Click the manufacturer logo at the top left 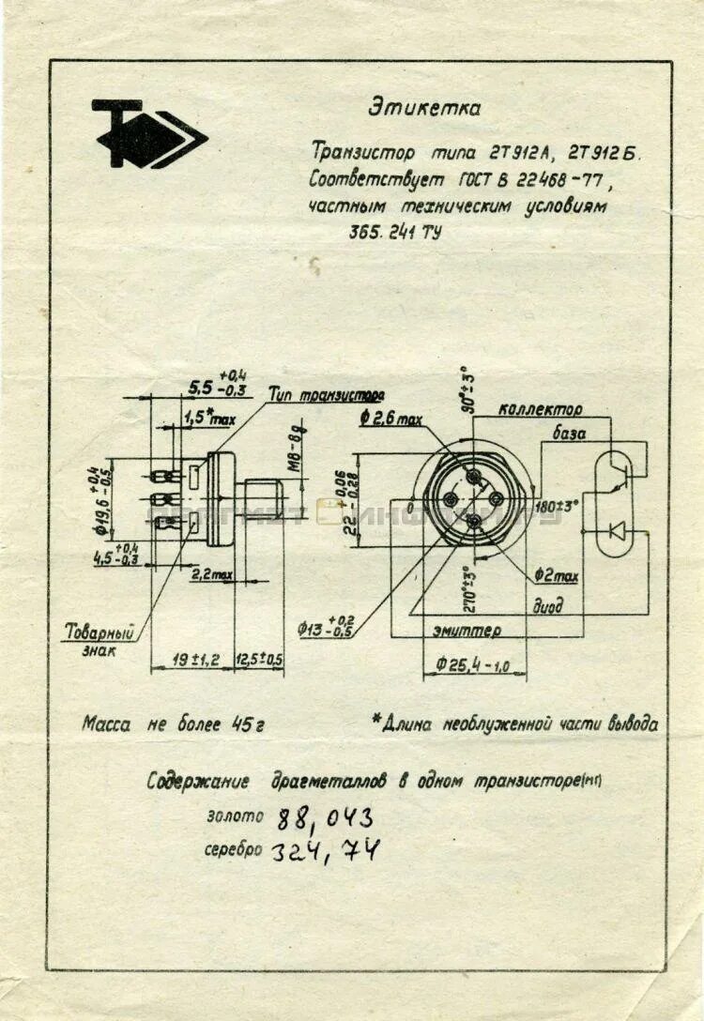click(x=148, y=133)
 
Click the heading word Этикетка click(x=423, y=107)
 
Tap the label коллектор click(x=540, y=409)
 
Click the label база click(x=569, y=434)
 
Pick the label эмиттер click(x=467, y=631)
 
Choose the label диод click(x=548, y=606)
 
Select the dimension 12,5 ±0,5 click(x=259, y=660)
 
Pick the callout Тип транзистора click(x=326, y=395)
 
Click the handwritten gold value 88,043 click(x=324, y=819)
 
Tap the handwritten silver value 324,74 click(x=326, y=852)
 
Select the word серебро click(x=233, y=850)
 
